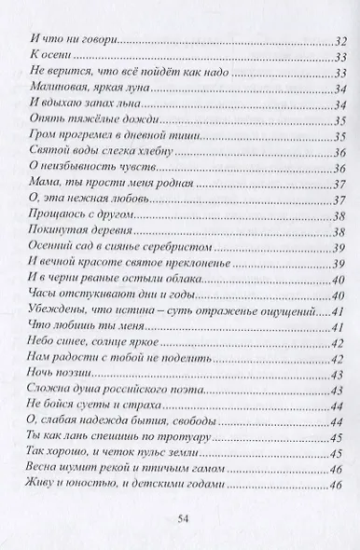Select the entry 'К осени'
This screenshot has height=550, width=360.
click(44, 59)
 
